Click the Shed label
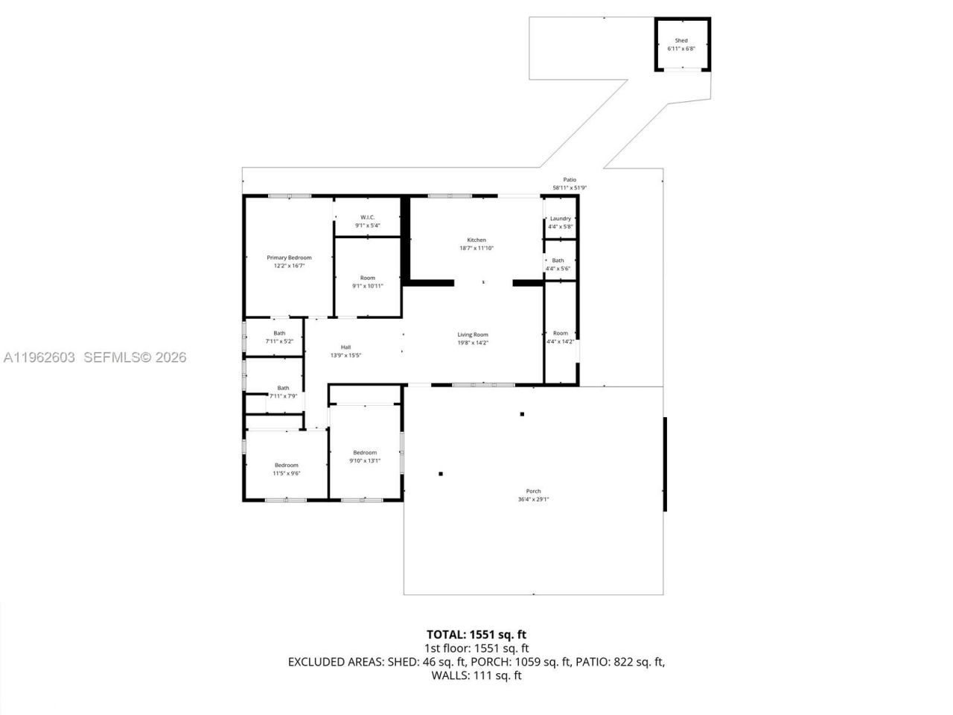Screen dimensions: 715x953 pos(681,41)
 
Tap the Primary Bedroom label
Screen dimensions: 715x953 pos(289,258)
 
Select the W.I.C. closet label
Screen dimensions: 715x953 pos(367,217)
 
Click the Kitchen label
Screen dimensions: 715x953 pos(476,240)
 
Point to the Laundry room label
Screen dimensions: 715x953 pos(560,219)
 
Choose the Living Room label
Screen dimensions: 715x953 pos(473,335)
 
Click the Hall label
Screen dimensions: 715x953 pos(345,347)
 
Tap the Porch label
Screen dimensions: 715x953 pos(533,492)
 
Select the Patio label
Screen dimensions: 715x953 pos(570,179)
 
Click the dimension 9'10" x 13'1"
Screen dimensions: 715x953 pos(365,460)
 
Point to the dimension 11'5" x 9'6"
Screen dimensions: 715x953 pos(286,473)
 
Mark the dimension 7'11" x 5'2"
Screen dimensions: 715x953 pos(279,341)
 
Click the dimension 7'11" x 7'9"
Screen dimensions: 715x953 pos(283,396)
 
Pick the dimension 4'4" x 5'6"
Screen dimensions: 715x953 pos(558,268)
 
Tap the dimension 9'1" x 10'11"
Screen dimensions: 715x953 pos(368,285)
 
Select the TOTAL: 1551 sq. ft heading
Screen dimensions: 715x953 pos(476,635)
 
